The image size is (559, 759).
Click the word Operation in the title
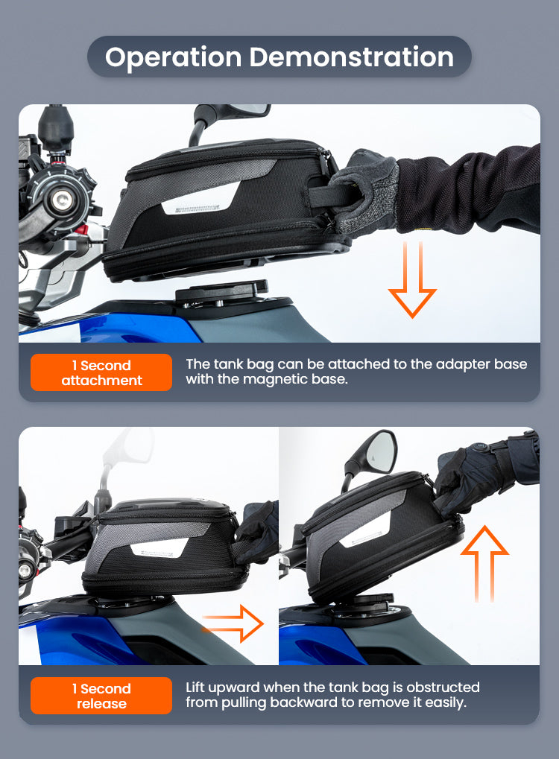click(x=174, y=57)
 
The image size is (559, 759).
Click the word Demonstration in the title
click(x=352, y=57)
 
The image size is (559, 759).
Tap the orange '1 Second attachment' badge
click(x=101, y=372)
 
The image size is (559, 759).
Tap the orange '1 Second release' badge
click(x=101, y=696)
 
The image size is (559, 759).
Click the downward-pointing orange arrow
click(x=412, y=280)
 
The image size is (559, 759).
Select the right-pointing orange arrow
click(x=233, y=623)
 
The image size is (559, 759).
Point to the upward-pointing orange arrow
click(x=484, y=564)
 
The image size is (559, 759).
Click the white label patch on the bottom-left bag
click(x=160, y=547)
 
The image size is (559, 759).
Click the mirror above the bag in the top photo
click(x=227, y=116)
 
